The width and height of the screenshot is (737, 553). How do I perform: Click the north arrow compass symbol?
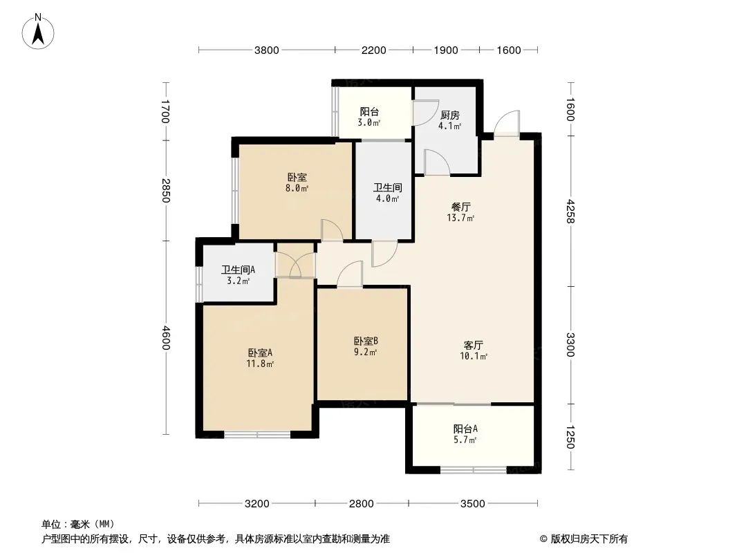(x=38, y=32)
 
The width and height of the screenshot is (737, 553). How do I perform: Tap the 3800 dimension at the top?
(x=266, y=50)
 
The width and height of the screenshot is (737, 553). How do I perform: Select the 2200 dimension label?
(x=373, y=50)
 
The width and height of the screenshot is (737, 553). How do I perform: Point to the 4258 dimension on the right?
(x=570, y=211)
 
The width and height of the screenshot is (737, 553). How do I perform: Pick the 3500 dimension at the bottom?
(x=472, y=504)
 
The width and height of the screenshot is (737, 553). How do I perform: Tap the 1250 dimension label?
(x=570, y=437)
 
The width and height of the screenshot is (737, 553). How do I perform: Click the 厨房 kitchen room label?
(x=450, y=115)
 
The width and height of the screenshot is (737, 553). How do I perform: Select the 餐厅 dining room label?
(x=461, y=207)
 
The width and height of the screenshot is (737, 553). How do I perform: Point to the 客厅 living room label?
(x=474, y=346)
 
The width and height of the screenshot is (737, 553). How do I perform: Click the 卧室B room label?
(x=366, y=341)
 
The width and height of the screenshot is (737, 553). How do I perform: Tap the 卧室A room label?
(x=260, y=353)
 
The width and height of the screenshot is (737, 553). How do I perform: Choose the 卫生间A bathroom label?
(x=239, y=270)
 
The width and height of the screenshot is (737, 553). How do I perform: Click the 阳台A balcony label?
(x=465, y=429)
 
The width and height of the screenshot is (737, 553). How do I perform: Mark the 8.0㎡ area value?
(x=297, y=189)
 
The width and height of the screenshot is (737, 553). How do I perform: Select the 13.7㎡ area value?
(x=460, y=218)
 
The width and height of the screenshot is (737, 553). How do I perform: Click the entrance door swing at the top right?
(x=507, y=123)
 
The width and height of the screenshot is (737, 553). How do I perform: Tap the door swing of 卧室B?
(x=350, y=274)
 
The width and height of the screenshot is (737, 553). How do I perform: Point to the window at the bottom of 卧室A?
(x=257, y=435)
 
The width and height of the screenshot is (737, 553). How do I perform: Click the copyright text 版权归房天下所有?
(x=589, y=539)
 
